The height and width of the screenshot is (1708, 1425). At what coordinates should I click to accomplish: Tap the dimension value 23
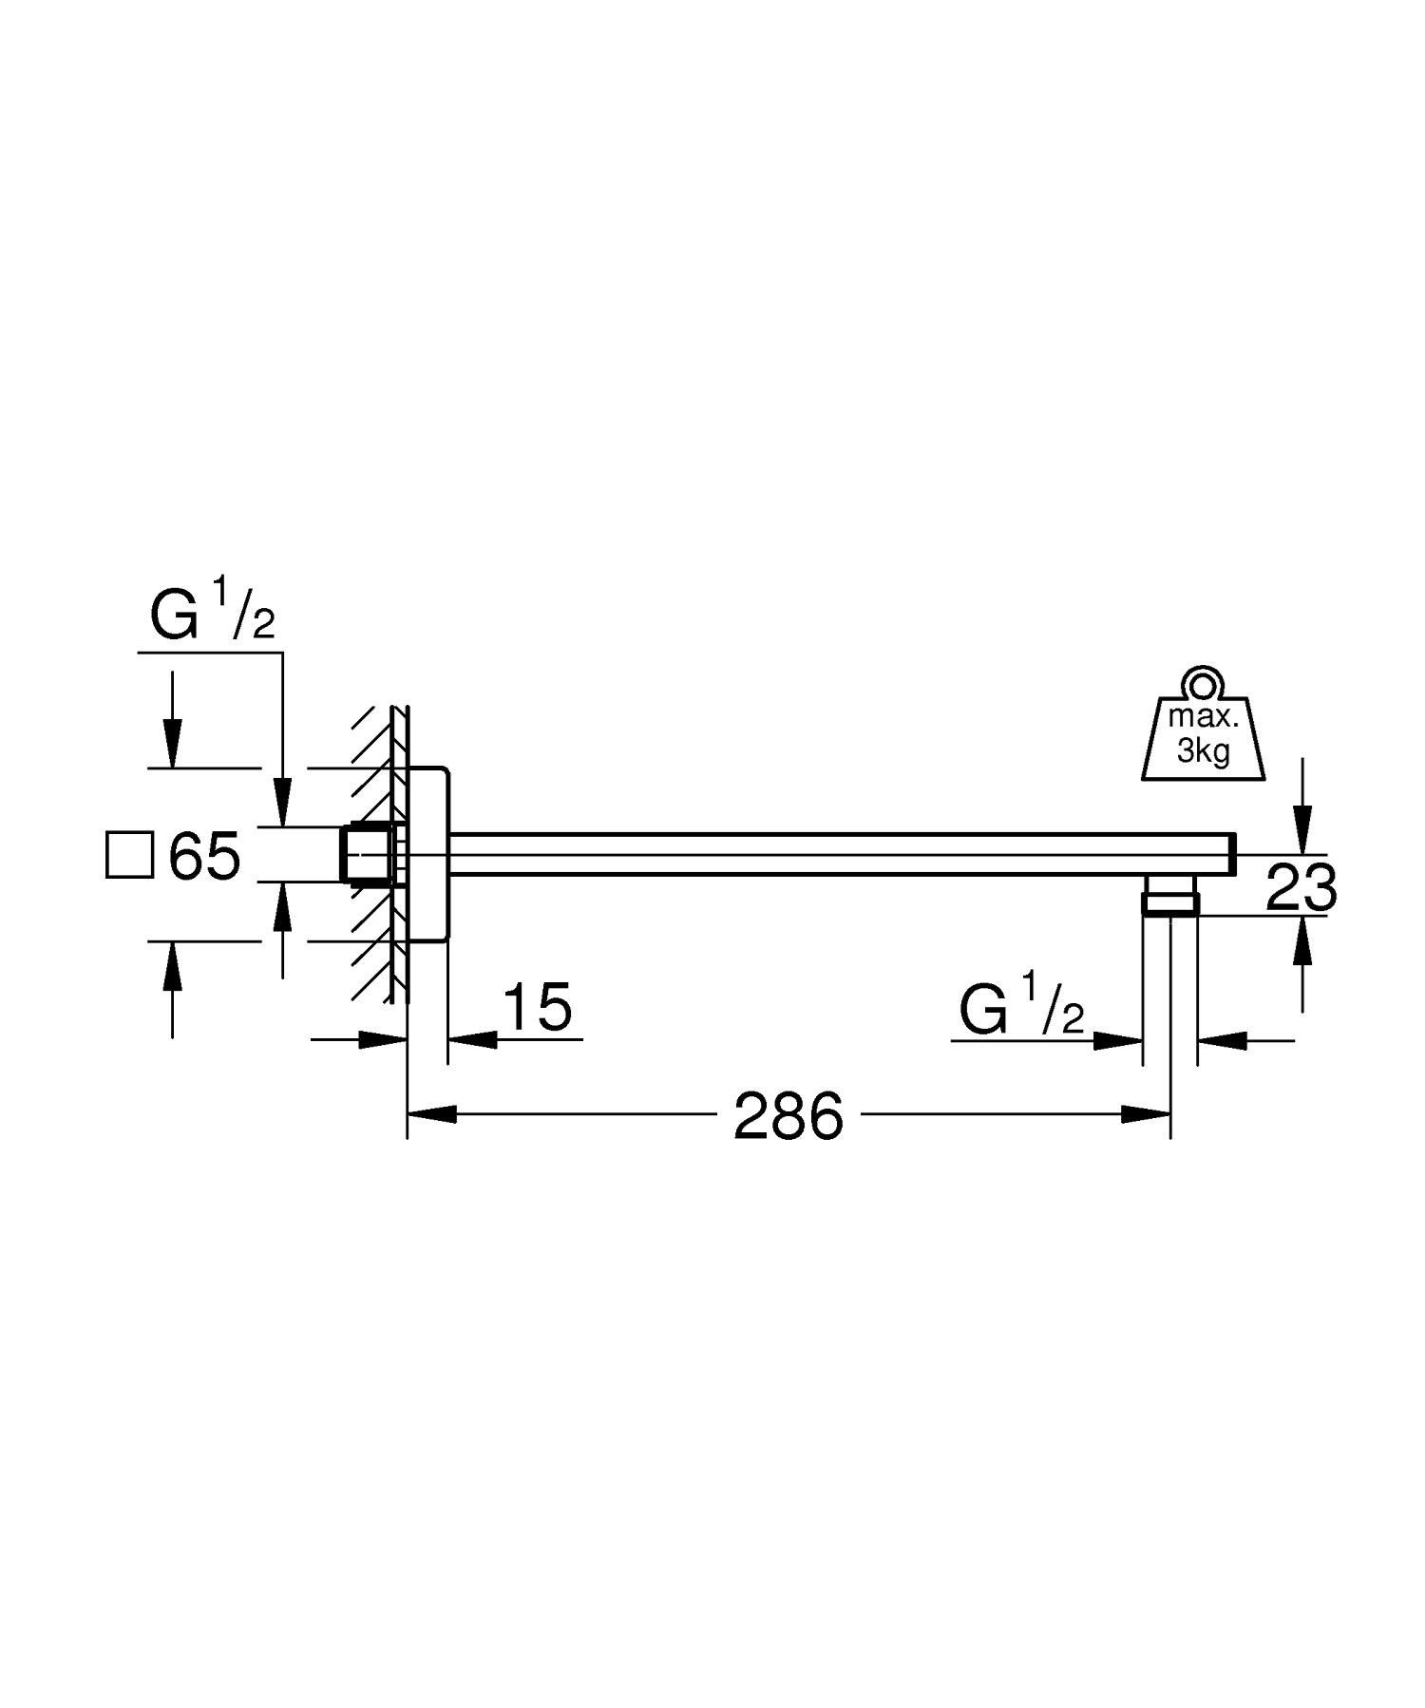tap(1301, 889)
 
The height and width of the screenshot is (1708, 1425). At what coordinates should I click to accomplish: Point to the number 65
tap(203, 856)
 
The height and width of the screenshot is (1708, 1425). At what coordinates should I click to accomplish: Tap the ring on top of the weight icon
tap(1203, 682)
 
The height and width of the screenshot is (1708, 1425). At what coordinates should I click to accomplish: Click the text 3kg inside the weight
tap(1203, 752)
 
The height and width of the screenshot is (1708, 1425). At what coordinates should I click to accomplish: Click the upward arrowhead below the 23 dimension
tap(1301, 941)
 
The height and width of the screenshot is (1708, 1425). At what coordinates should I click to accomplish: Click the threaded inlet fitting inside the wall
tap(370, 854)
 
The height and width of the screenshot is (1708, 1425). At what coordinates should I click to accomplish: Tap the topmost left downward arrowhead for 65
tap(172, 742)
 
